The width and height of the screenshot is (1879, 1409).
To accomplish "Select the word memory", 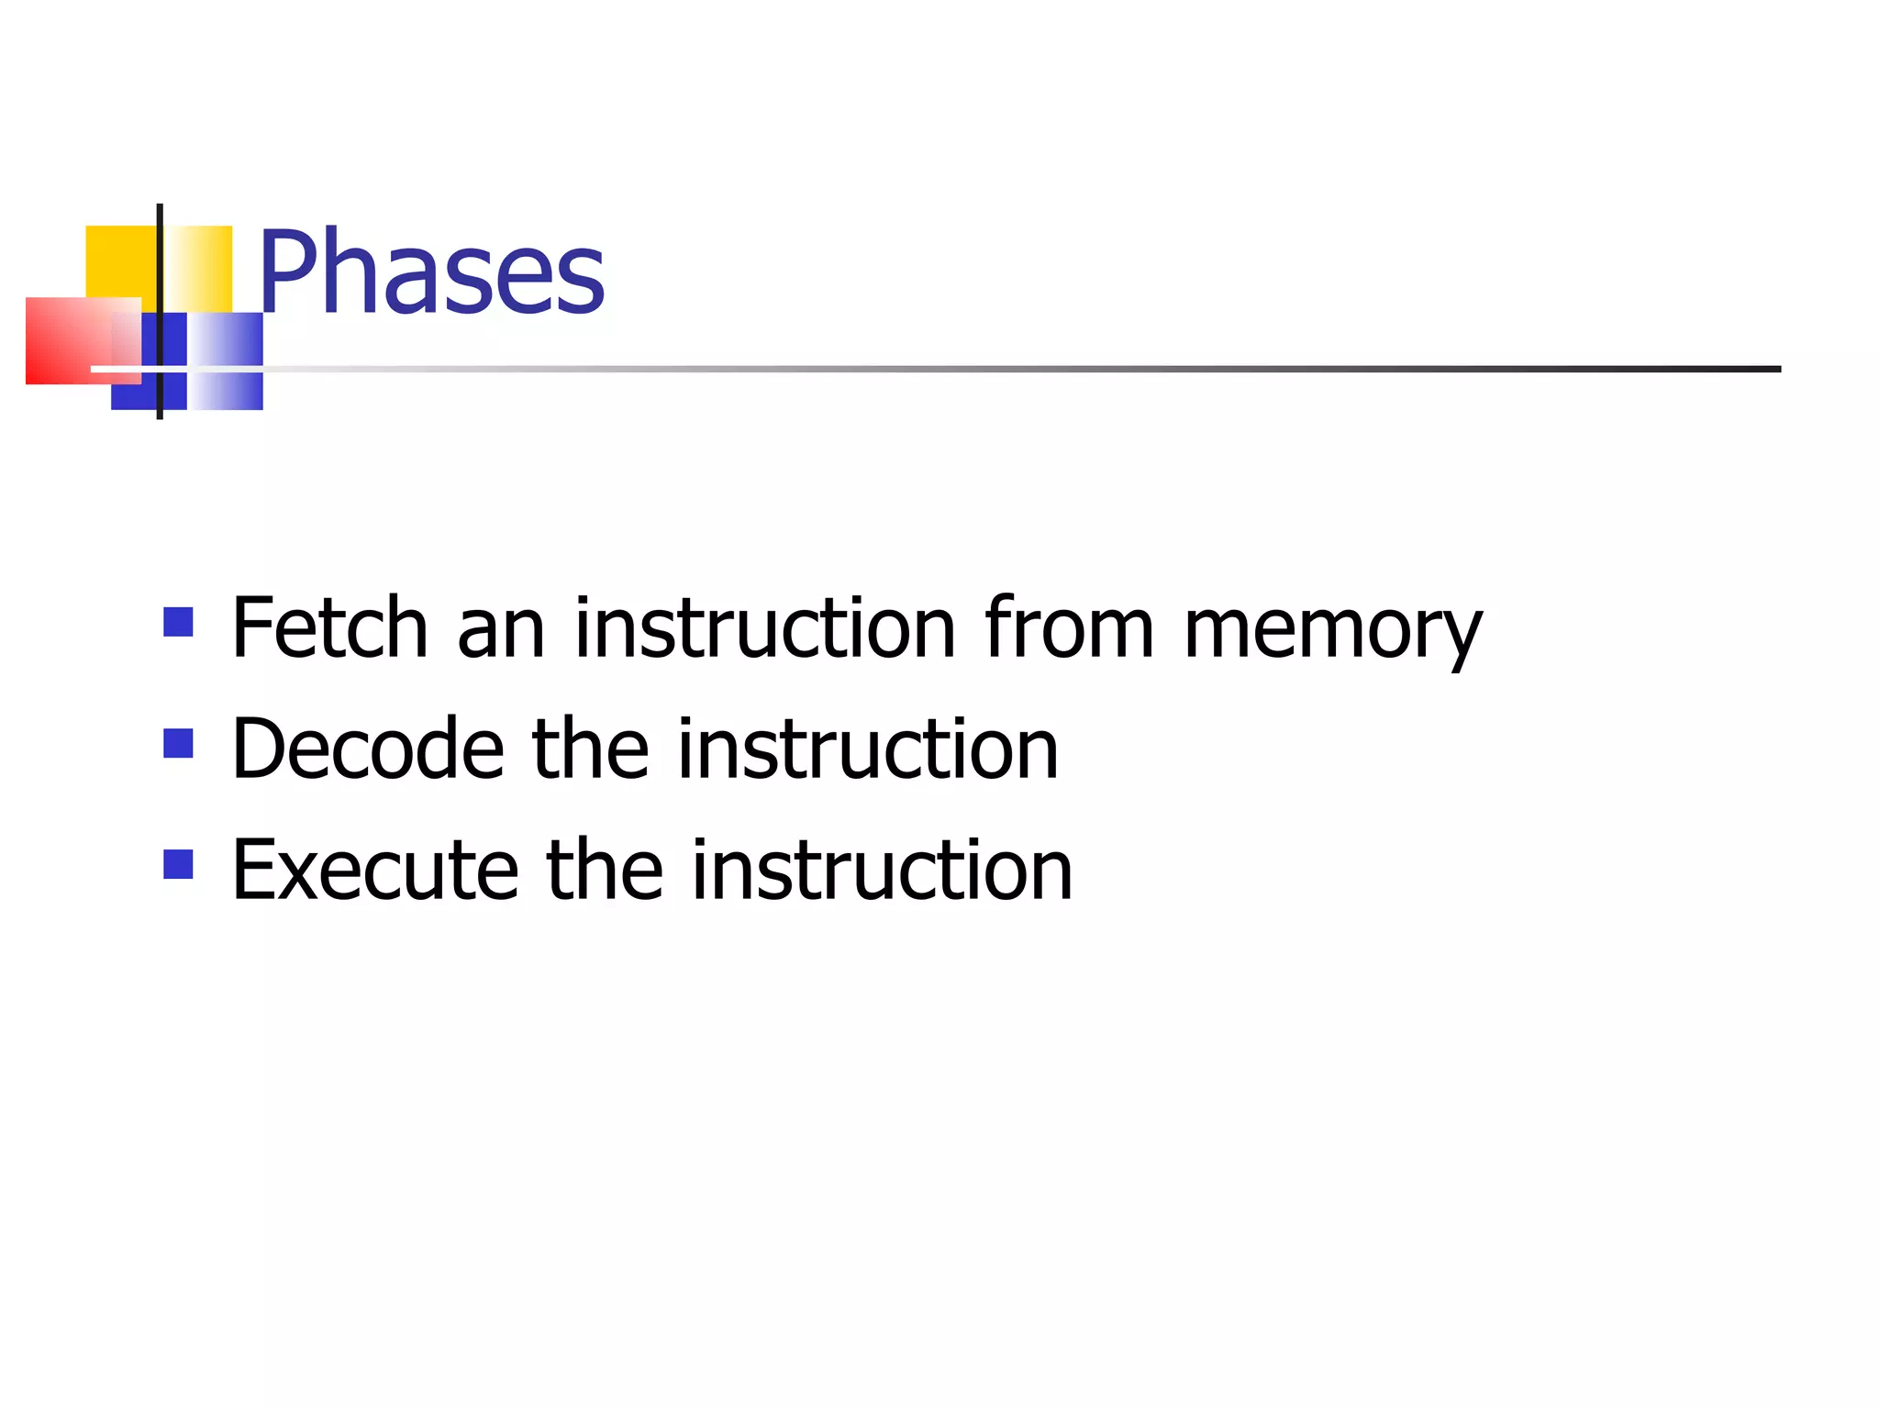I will click(1332, 631).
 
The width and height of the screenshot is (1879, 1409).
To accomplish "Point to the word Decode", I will click(368, 749).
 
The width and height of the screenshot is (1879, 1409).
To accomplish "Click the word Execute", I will click(375, 871).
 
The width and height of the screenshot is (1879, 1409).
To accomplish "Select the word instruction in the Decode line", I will click(868, 749).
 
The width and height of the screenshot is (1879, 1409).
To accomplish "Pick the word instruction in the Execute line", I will click(882, 871).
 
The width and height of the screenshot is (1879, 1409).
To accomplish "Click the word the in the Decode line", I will click(591, 749).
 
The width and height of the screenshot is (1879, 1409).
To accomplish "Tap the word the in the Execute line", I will click(605, 871).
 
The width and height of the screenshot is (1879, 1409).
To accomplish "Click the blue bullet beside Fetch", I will click(178, 622).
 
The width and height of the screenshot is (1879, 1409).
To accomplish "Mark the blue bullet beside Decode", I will click(178, 743).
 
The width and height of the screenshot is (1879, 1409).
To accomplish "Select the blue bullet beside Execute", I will click(178, 864).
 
